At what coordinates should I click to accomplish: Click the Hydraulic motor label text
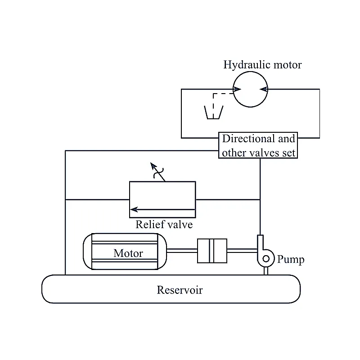262,65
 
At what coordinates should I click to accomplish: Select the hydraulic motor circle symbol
250,90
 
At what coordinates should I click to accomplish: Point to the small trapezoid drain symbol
214,112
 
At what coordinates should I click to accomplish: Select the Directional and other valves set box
258,145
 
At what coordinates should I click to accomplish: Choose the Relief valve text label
164,225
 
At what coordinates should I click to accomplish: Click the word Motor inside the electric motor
128,253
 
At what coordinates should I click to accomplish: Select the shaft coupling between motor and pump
212,251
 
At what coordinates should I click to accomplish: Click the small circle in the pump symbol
266,258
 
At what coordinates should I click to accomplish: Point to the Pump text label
290,260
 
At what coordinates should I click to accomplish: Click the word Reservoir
180,290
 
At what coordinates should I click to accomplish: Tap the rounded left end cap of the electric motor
87,252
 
